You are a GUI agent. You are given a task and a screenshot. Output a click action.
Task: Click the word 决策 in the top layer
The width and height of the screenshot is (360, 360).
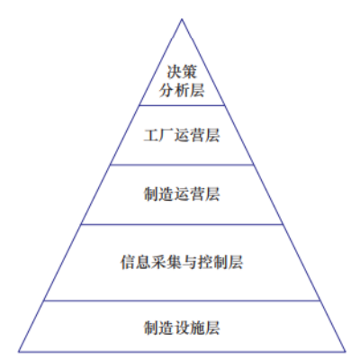click(182, 72)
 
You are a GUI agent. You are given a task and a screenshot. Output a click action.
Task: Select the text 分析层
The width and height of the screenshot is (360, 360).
click(182, 90)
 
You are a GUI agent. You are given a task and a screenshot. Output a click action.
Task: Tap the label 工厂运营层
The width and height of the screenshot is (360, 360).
click(182, 135)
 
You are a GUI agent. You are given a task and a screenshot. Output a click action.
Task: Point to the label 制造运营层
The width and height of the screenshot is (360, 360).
click(182, 194)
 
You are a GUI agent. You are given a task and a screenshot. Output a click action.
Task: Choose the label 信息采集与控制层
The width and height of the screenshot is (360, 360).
click(182, 262)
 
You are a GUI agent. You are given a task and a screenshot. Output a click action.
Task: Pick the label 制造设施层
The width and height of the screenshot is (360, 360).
click(182, 328)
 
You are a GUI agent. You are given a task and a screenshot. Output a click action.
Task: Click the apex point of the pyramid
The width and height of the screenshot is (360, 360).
click(182, 19)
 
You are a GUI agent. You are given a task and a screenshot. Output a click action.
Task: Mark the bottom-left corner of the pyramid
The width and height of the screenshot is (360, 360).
click(19, 351)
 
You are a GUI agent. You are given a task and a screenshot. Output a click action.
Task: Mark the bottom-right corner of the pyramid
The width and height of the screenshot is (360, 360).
click(345, 351)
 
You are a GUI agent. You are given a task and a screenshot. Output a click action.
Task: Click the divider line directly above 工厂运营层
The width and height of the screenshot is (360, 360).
click(182, 105)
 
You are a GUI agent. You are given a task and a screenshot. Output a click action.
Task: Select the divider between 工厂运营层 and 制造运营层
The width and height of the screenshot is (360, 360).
click(182, 165)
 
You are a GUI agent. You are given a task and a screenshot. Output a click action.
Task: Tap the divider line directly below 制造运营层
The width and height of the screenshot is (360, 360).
click(182, 224)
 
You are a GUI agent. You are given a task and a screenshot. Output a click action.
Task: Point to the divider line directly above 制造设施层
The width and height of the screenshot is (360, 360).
click(182, 301)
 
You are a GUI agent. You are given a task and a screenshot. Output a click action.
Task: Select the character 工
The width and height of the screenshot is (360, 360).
click(151, 135)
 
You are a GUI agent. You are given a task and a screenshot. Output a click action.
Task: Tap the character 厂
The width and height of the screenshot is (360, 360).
click(166, 135)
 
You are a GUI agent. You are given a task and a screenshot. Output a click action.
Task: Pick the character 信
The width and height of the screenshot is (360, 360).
click(128, 262)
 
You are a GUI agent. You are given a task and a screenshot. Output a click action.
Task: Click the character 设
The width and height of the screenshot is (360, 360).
click(182, 328)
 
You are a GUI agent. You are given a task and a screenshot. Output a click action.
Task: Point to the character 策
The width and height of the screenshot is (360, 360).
click(190, 72)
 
